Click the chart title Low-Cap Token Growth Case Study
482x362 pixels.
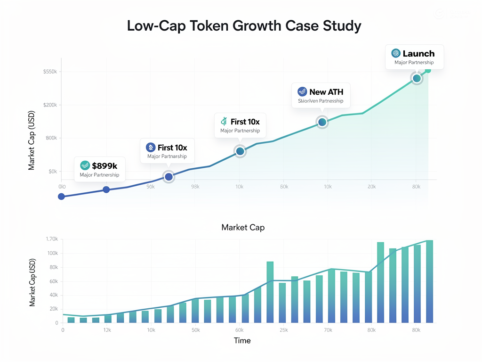[x=244, y=26]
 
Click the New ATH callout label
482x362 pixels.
[x=326, y=92]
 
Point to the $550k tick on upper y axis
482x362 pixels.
[x=49, y=72]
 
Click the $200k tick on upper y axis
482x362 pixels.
[x=49, y=105]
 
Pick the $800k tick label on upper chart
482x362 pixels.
[x=49, y=138]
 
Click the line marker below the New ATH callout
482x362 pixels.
[x=322, y=122]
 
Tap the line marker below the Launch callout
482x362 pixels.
[x=417, y=78]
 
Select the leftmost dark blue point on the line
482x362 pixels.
[x=61, y=196]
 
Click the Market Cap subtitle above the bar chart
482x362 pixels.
[x=243, y=227]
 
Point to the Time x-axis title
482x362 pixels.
[x=242, y=340]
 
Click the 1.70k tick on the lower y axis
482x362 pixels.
[x=49, y=239]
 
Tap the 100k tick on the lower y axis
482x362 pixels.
[x=52, y=253]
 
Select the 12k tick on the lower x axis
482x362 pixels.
[x=107, y=330]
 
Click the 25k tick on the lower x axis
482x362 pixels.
[x=284, y=330]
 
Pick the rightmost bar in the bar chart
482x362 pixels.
[x=429, y=281]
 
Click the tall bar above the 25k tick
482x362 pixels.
[x=270, y=292]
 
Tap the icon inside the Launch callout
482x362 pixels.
[x=395, y=53]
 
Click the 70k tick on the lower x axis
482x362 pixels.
[x=328, y=330]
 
